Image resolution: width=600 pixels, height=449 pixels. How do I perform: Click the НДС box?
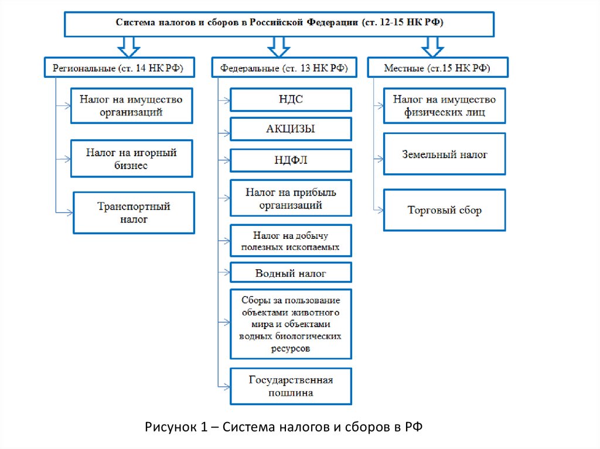[291, 100]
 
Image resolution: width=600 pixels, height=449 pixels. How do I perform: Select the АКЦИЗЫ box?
[291, 129]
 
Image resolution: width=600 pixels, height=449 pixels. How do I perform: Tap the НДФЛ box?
[291, 160]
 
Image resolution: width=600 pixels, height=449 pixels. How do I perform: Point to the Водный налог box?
[291, 273]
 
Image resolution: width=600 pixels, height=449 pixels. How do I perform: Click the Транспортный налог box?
[134, 213]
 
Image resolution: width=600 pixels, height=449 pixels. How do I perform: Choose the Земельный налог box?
[444, 155]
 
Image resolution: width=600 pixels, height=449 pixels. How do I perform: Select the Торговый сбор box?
[444, 210]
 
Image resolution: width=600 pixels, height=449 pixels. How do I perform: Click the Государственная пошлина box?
[291, 386]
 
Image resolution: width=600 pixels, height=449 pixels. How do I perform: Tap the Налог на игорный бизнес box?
[132, 159]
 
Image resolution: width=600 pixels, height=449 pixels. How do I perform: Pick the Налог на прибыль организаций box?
[291, 198]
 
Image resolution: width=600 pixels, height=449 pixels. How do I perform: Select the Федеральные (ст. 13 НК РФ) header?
[284, 68]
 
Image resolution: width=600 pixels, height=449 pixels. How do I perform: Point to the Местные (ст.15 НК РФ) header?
[437, 68]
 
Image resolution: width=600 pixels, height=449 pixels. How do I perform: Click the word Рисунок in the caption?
[169, 427]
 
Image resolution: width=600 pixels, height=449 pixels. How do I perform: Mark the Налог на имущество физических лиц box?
[444, 105]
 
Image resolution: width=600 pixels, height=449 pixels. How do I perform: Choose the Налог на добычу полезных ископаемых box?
[291, 241]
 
